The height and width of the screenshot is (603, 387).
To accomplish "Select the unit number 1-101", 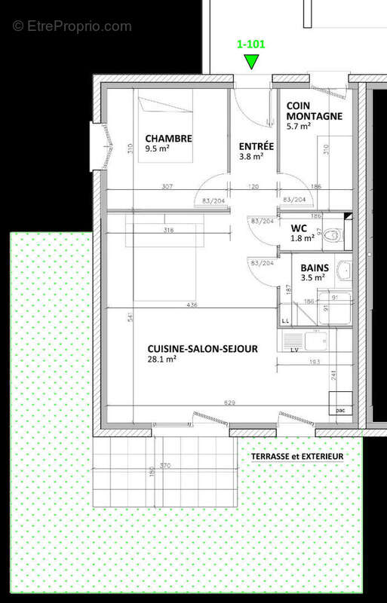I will point(251,44).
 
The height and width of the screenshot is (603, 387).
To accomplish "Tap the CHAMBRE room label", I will point(168,139).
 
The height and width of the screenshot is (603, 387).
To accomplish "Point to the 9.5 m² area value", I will point(157,149).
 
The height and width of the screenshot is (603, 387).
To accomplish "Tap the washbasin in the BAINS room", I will point(344,270).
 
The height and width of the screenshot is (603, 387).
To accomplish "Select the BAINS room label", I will point(314,268).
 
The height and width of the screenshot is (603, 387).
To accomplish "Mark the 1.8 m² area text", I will point(302,239).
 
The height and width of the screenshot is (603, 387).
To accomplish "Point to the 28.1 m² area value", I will point(161,360).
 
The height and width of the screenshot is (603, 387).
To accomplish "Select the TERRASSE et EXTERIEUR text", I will point(297,457).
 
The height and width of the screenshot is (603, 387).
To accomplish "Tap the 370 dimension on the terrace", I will point(164,466).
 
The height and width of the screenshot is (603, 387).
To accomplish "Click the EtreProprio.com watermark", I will point(72,26).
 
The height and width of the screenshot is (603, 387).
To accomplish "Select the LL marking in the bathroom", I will point(286,321).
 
